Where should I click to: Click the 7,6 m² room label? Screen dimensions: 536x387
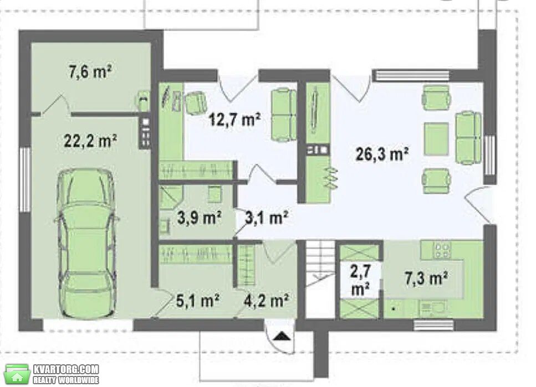click(90, 71)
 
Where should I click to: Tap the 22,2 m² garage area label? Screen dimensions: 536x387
click(90, 140)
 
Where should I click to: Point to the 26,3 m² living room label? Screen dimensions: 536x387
click(382, 154)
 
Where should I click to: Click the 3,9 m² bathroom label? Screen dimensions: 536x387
click(200, 218)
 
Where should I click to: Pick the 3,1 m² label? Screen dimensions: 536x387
click(267, 218)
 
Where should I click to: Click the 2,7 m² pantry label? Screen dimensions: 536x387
click(360, 280)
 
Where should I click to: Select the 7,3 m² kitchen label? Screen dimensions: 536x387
click(426, 278)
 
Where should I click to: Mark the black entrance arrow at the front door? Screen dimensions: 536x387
click(282, 337)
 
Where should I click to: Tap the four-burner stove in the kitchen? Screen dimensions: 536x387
click(442, 250)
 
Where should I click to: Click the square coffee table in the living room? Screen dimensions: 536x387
click(436, 138)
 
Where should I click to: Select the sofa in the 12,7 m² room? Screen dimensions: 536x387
click(284, 115)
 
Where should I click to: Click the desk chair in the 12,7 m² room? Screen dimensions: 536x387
click(196, 102)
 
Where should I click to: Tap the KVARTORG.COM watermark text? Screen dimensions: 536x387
click(66, 369)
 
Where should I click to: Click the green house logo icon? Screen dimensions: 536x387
click(17, 374)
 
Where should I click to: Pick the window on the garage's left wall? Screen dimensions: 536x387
click(25, 179)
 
